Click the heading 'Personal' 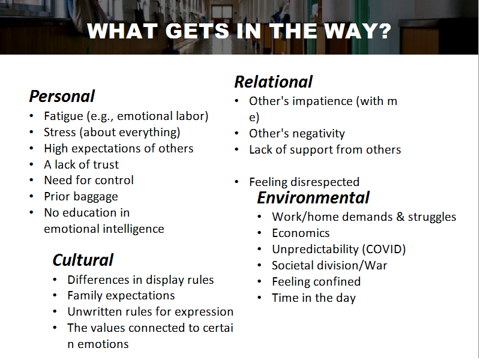[x=62, y=97]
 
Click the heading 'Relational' [x=273, y=82]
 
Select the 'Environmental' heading [x=313, y=198]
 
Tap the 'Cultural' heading [x=83, y=260]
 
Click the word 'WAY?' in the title [x=358, y=31]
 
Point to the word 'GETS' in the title [x=197, y=31]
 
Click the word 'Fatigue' [x=64, y=116]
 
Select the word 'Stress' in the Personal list [x=59, y=132]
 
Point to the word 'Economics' [x=301, y=233]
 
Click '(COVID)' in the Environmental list [x=384, y=250]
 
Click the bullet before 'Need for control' [x=31, y=180]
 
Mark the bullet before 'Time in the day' [x=259, y=298]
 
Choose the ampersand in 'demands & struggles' [x=400, y=217]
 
